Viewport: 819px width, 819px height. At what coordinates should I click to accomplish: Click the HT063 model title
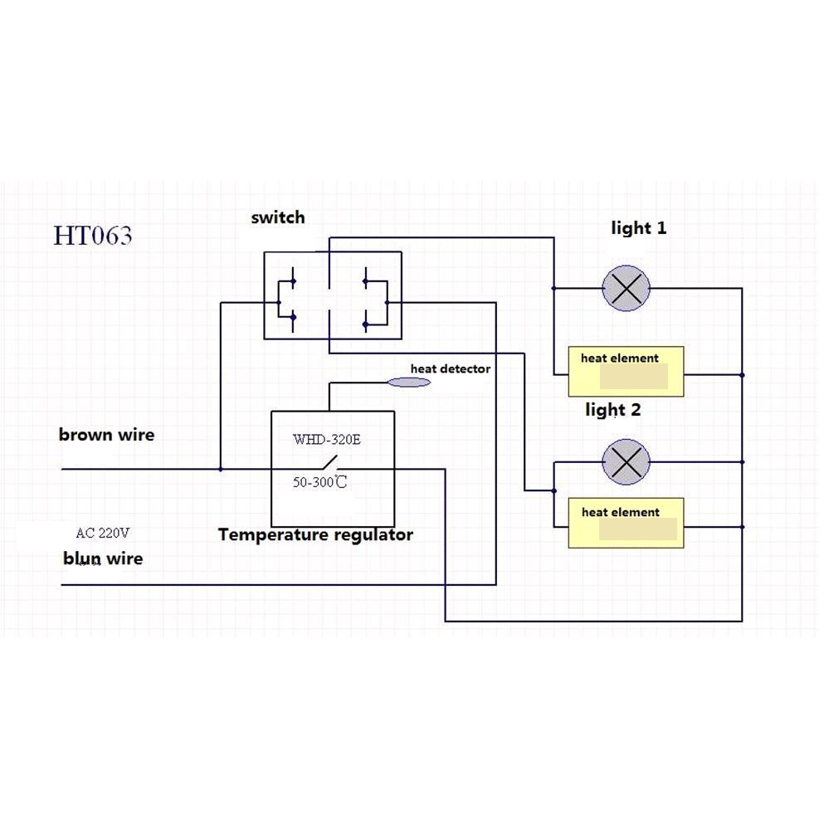coord(93,236)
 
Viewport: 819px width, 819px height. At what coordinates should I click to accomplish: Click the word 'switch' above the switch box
coord(278,217)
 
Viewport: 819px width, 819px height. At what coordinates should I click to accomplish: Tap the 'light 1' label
coord(638,227)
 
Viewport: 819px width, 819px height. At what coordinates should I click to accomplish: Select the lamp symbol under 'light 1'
coord(626,289)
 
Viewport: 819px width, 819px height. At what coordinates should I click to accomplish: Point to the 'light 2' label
coord(612,410)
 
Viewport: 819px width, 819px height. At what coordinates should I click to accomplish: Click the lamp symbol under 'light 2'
coord(626,461)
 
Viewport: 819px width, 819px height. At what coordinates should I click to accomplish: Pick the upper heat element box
coord(626,371)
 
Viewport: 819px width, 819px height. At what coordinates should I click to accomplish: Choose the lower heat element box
coord(626,523)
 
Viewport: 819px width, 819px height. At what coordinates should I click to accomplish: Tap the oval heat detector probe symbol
coord(410,382)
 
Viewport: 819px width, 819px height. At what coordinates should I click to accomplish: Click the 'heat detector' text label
coord(450,368)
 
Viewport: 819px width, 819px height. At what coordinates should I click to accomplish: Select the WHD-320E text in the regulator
coord(326,440)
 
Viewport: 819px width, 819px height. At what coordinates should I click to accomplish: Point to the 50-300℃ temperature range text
coord(319,482)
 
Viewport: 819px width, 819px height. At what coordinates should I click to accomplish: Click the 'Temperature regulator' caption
coord(315,535)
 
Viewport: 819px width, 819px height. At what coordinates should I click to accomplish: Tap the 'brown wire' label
coord(106,434)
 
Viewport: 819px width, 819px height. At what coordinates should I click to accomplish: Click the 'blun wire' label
coord(103,558)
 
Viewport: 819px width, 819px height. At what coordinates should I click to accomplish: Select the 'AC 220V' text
coord(103,533)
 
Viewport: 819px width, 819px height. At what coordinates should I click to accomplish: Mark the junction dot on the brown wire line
coord(220,469)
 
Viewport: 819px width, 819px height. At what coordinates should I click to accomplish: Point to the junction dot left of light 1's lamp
coord(553,289)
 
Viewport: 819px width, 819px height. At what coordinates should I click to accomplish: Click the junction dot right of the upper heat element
coord(742,375)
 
